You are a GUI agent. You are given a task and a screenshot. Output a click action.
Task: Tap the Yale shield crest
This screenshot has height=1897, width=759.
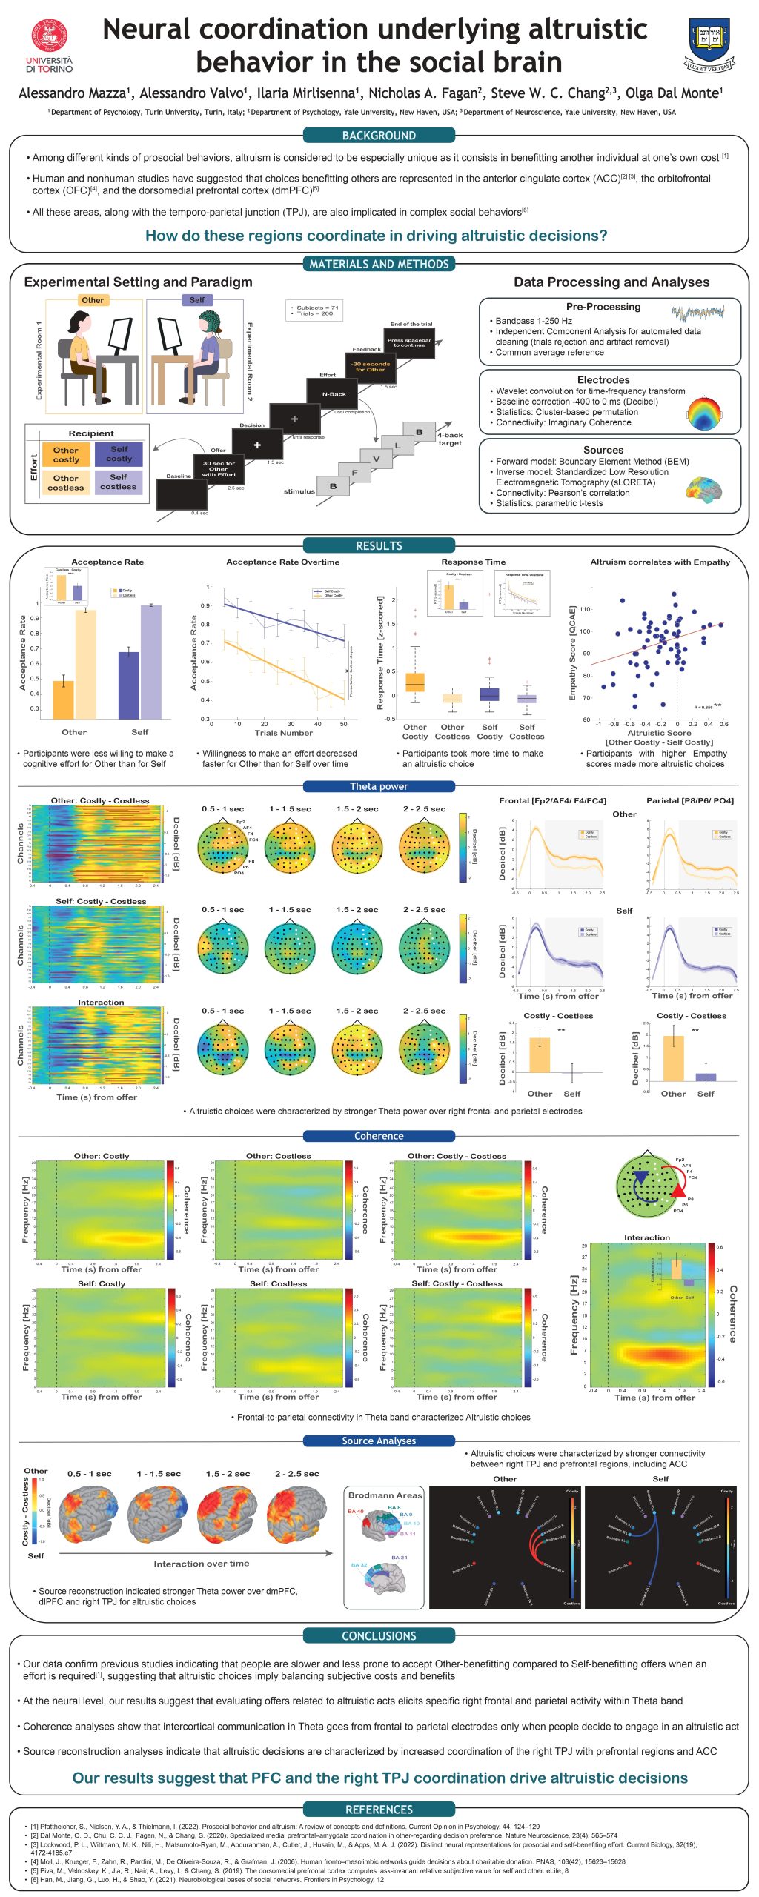[709, 44]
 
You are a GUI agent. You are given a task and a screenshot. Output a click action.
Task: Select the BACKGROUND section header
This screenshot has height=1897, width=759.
[379, 136]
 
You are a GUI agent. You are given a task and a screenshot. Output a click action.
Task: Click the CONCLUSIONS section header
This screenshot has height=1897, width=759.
[379, 1635]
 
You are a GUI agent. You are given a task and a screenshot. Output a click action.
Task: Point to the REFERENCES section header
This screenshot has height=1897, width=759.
[379, 1809]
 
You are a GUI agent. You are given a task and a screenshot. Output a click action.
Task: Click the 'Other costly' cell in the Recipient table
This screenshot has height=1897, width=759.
[66, 454]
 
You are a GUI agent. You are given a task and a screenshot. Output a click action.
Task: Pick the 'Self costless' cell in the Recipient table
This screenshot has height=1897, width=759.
[119, 482]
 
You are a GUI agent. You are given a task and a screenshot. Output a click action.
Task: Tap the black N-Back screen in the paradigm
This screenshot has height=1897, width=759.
[334, 395]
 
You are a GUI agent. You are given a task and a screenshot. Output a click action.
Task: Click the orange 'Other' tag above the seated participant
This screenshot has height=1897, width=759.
[93, 300]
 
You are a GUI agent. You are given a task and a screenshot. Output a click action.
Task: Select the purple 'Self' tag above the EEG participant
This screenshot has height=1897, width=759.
[196, 300]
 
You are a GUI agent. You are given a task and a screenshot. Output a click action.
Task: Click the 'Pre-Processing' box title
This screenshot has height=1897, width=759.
[603, 307]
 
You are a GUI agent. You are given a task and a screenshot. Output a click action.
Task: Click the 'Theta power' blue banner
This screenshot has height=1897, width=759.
[379, 786]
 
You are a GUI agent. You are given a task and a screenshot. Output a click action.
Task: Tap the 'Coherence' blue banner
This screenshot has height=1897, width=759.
[379, 1136]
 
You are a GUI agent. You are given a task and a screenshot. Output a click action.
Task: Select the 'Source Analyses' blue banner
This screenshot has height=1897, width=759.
[379, 1441]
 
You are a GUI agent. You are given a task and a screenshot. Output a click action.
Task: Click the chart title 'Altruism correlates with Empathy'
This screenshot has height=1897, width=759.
[660, 562]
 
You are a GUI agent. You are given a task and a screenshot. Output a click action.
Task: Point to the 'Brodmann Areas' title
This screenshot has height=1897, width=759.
[385, 1495]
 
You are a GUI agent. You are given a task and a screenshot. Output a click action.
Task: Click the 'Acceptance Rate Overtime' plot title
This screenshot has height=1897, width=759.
[282, 562]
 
